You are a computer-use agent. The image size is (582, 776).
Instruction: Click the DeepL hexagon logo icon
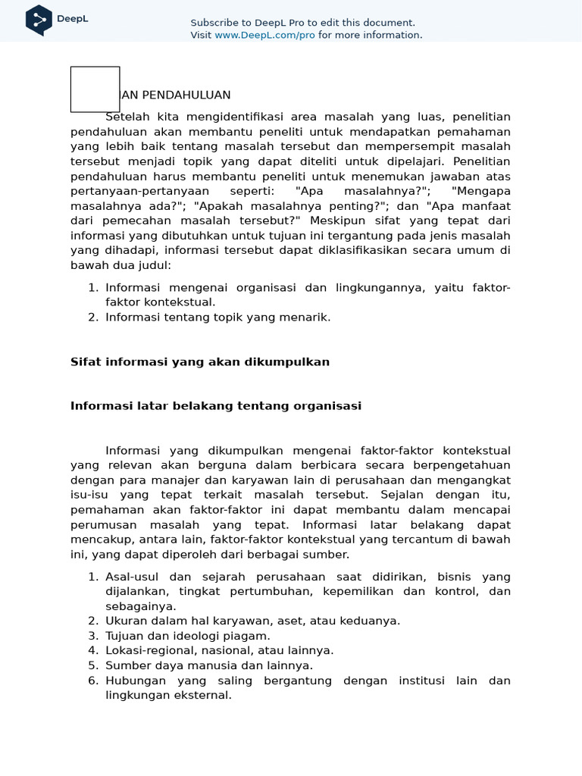39,20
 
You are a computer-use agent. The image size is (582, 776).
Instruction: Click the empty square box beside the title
95,89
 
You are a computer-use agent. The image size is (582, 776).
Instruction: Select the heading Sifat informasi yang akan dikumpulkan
200,362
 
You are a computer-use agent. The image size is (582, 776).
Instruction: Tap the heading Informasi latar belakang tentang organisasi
216,406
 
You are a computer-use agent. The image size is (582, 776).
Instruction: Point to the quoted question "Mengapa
480,191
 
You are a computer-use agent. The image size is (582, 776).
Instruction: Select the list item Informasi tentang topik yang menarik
218,318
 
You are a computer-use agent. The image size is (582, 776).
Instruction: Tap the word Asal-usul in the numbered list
131,577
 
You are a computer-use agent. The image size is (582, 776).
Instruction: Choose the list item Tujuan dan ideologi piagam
188,636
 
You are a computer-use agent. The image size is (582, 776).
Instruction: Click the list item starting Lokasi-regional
220,650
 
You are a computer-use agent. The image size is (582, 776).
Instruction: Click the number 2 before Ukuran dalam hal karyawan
92,621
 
